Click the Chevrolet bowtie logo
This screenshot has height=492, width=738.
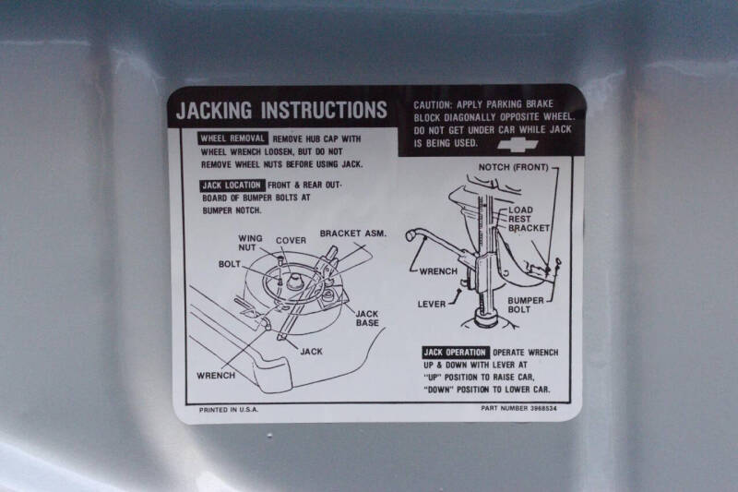tap(518, 146)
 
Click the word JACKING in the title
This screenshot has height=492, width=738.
tap(214, 110)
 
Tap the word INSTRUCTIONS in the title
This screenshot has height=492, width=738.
tap(325, 110)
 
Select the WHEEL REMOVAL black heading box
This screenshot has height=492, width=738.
tap(232, 138)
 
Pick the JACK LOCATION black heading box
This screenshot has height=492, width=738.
tap(232, 186)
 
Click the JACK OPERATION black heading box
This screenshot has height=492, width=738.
tap(455, 353)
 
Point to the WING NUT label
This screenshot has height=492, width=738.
tap(250, 243)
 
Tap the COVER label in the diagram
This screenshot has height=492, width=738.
tap(291, 241)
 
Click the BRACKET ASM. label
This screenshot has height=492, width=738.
tap(353, 234)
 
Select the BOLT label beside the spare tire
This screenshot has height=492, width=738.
tap(229, 264)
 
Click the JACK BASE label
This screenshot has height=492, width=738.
tap(367, 318)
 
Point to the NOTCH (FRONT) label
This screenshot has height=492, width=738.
tap(514, 167)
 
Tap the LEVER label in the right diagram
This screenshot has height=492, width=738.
tap(432, 304)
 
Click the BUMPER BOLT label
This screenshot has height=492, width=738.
tap(525, 305)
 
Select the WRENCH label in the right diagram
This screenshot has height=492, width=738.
tap(438, 271)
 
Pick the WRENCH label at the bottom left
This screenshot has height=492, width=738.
tap(216, 376)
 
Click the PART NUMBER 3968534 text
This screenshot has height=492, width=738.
tap(518, 408)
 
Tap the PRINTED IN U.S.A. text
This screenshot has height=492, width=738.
tap(229, 410)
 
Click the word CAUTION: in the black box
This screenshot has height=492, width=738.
tap(433, 105)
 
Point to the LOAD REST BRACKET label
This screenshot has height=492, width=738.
tap(529, 219)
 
